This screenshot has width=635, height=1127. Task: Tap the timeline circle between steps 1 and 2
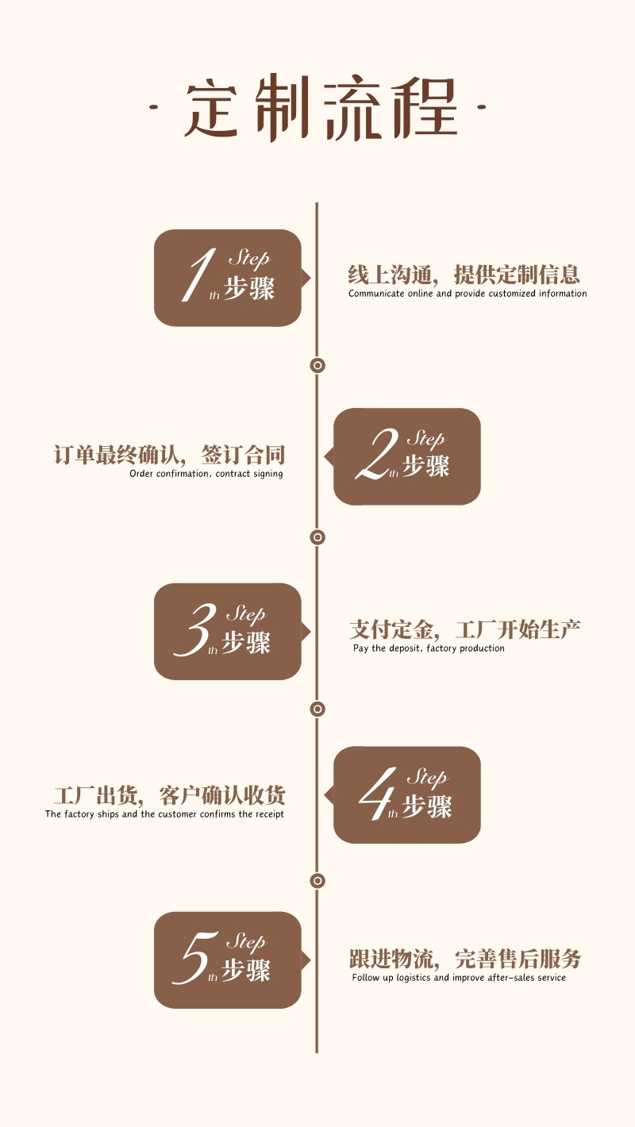[317, 365]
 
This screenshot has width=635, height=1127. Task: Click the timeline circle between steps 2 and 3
[317, 537]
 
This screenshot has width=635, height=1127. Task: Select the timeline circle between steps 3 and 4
[317, 708]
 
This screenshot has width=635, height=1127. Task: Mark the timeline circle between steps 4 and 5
[317, 880]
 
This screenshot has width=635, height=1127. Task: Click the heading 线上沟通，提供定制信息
[464, 275]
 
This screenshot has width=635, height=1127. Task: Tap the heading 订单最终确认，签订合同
[169, 456]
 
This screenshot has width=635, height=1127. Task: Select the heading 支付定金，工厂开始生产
[465, 630]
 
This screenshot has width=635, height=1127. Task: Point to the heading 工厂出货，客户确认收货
[169, 795]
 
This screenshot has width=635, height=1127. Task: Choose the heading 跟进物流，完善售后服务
[465, 959]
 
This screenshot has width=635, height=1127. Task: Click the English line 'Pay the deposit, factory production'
[429, 648]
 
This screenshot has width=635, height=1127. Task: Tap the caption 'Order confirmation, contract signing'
[206, 474]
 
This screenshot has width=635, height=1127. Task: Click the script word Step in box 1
[248, 258]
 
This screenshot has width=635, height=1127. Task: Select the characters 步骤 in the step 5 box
[246, 970]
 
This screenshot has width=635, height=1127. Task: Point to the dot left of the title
[154, 106]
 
